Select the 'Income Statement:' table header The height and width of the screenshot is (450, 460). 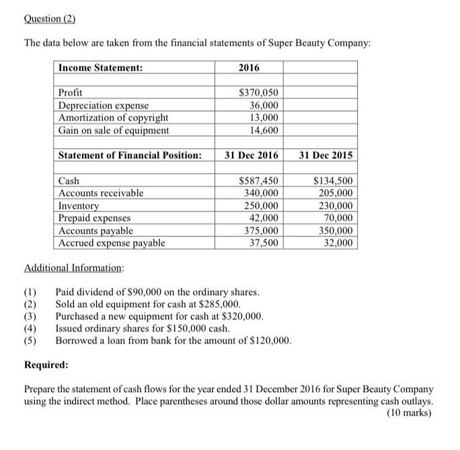pyautogui.click(x=100, y=68)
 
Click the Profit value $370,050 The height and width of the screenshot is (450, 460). pyautogui.click(x=259, y=93)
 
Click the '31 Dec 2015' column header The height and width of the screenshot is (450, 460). pyautogui.click(x=325, y=156)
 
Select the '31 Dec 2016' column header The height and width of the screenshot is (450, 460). pyautogui.click(x=251, y=156)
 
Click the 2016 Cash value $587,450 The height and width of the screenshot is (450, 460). pyautogui.click(x=259, y=181)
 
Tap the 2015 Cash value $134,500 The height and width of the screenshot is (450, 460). pyautogui.click(x=333, y=181)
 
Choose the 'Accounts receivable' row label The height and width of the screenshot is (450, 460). pyautogui.click(x=101, y=193)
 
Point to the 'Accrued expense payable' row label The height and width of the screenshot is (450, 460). pyautogui.click(x=112, y=243)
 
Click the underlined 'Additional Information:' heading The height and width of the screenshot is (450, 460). pyautogui.click(x=74, y=268)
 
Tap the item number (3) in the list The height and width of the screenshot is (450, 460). pyautogui.click(x=30, y=317)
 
